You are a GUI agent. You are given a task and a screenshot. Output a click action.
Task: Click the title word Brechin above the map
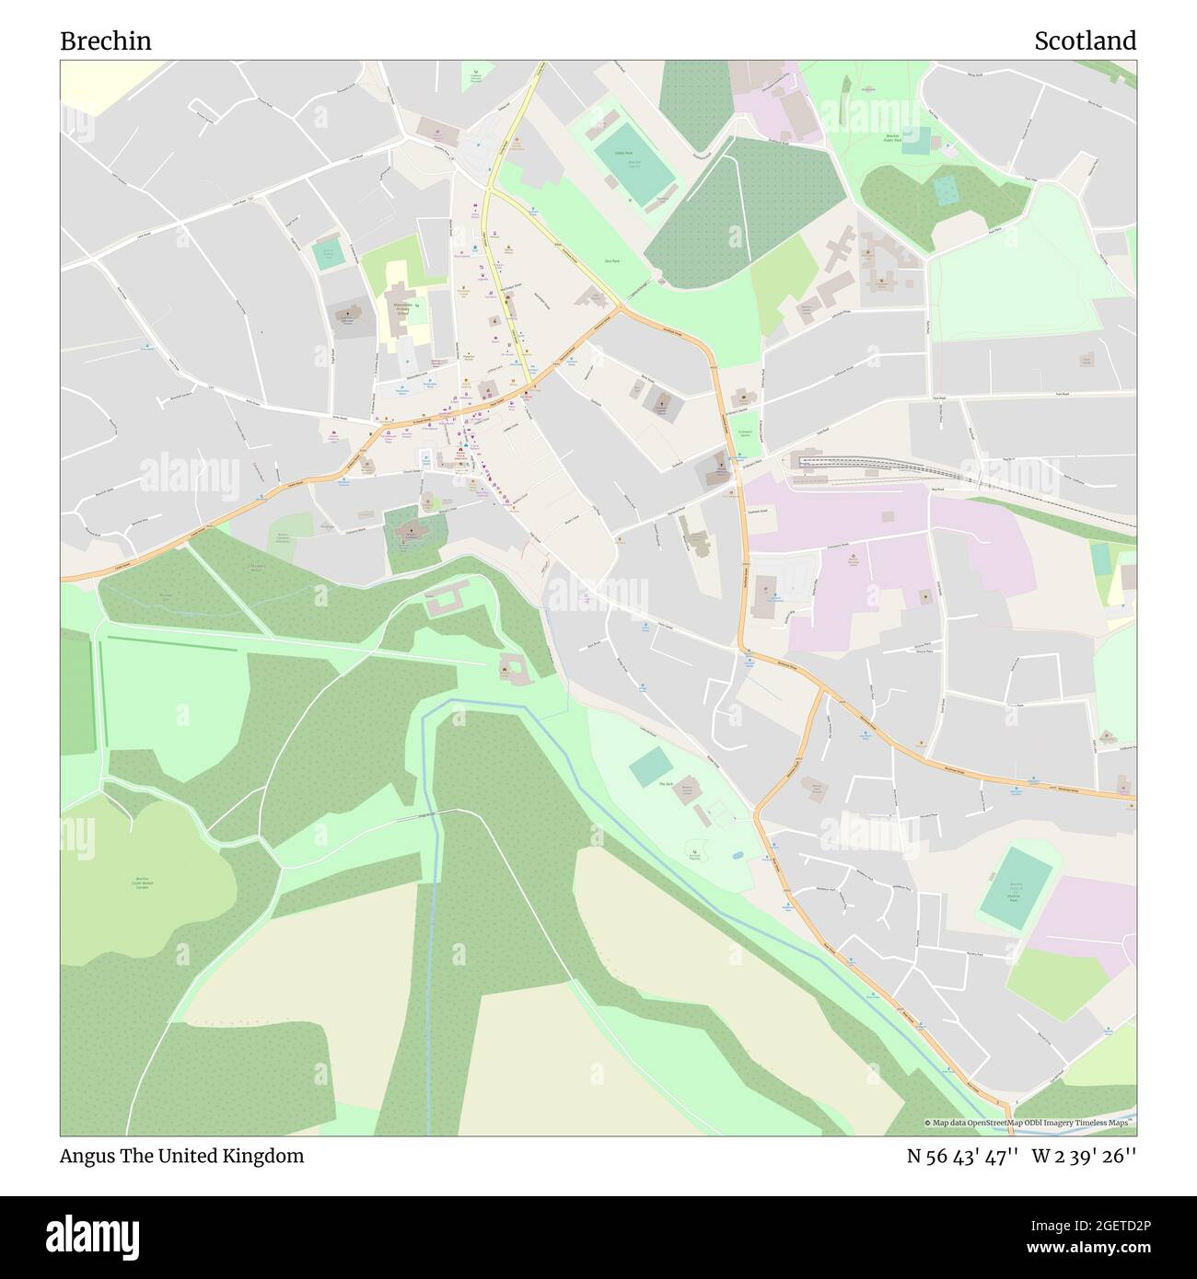click(106, 41)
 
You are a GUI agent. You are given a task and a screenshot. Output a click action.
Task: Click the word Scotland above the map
click(1085, 41)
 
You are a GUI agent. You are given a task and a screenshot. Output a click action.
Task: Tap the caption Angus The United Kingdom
click(181, 1156)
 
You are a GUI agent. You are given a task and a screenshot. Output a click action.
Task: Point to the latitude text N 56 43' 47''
click(962, 1156)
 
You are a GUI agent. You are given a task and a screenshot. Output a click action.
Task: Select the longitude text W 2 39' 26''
click(1084, 1156)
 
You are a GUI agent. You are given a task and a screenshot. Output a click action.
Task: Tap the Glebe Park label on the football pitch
click(623, 153)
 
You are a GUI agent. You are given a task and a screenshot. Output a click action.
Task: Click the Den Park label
click(610, 261)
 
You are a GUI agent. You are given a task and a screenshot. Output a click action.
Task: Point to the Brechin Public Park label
click(891, 138)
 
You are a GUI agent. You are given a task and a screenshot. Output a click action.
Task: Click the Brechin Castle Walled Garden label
click(142, 882)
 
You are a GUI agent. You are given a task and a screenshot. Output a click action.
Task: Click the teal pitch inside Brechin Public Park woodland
click(946, 190)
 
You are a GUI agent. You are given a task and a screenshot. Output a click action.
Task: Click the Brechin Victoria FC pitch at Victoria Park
click(1017, 887)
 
